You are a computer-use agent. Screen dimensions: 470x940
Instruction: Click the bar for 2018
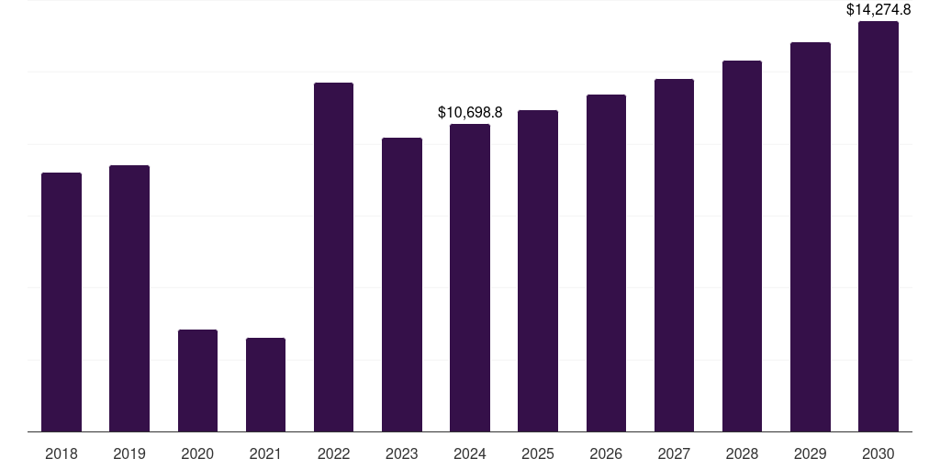coord(62,302)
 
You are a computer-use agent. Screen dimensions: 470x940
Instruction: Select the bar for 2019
coord(129,298)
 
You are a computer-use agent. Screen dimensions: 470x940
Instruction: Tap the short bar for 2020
coord(197,380)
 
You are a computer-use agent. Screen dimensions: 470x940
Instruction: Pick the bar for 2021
coord(265,385)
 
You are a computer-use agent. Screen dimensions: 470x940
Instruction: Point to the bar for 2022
coord(333,257)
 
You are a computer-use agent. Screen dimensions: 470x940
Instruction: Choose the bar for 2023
coord(402,285)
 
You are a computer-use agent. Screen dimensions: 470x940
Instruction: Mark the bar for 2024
coord(470,277)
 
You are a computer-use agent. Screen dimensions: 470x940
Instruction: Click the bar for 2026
coord(606,263)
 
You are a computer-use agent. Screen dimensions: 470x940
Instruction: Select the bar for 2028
coord(742,246)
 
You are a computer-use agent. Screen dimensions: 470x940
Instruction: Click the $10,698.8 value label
coord(470,113)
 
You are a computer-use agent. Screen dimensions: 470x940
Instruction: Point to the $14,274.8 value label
coord(878,10)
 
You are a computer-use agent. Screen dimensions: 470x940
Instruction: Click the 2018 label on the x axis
coord(62,453)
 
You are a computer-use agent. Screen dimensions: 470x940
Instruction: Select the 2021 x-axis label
coord(265,453)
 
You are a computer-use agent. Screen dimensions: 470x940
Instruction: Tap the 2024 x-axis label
coord(470,453)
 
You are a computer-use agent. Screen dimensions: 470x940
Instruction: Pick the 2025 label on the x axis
coord(538,453)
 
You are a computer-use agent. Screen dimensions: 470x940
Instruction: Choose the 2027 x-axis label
coord(674,453)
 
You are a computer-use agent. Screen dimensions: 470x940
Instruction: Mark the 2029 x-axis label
coord(811,453)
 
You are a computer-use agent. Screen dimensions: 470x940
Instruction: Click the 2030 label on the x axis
coord(878,453)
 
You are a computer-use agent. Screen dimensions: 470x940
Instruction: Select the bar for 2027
coord(674,255)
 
